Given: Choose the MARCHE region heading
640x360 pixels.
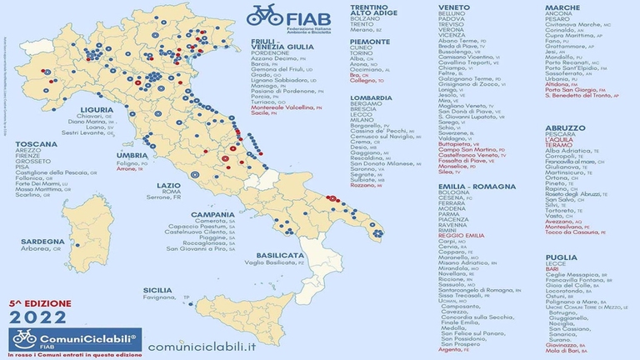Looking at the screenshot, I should click(x=562, y=7).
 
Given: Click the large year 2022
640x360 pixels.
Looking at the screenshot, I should click(x=37, y=316).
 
